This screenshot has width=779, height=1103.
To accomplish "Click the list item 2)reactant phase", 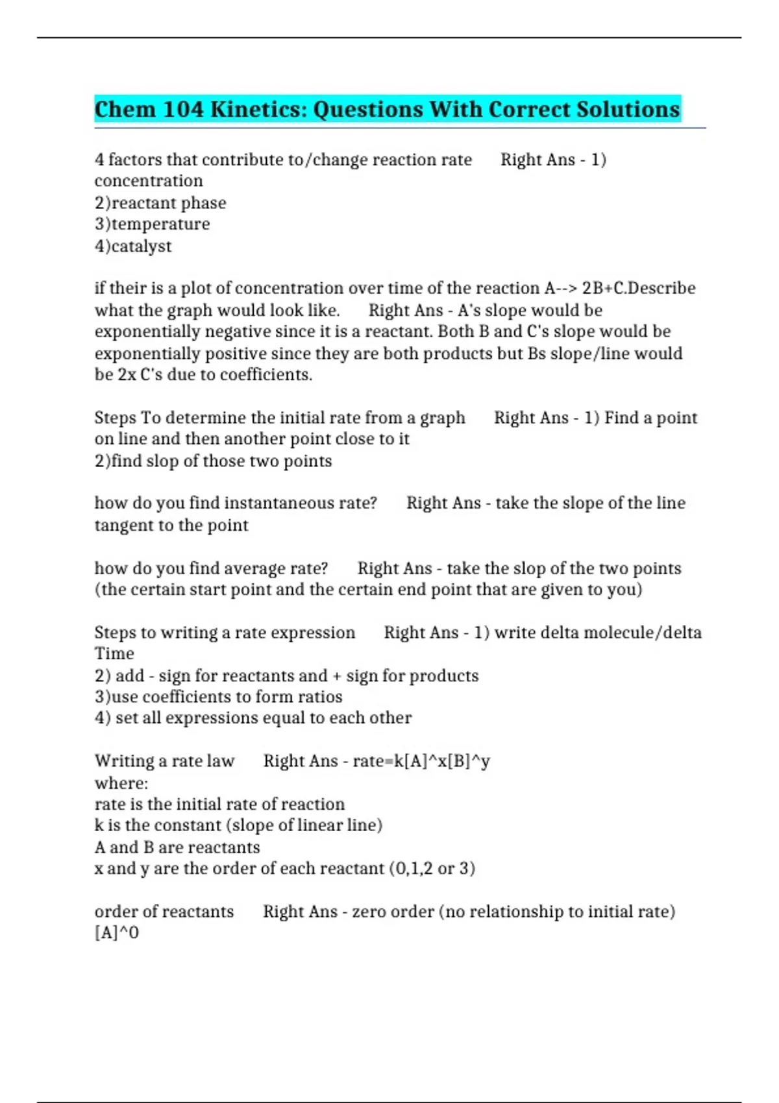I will (160, 203).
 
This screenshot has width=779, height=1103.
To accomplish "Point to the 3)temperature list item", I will (152, 224).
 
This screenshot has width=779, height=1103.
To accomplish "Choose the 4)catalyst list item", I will (133, 247).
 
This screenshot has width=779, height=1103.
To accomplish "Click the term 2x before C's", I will (127, 375).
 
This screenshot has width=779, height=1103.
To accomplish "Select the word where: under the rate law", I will (121, 783).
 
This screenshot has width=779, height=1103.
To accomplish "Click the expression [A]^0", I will (117, 933).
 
